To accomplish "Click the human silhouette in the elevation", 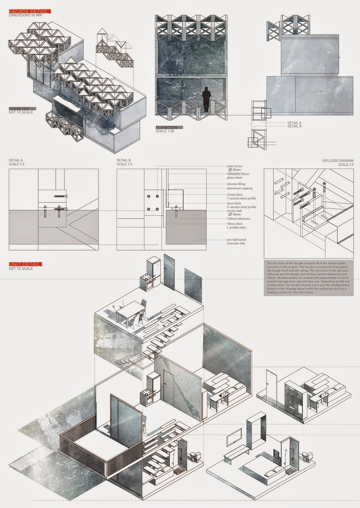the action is click(207, 99).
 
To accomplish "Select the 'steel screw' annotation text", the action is click(234, 166).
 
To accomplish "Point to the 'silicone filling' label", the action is click(236, 184).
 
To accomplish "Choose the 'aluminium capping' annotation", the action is click(239, 188).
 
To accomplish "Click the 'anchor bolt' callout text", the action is click(234, 211).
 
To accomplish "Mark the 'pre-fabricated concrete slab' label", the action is click(236, 242).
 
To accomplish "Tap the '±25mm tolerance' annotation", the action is click(238, 219).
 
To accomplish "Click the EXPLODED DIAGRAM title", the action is click(337, 161).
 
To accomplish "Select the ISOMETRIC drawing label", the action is click(20, 109).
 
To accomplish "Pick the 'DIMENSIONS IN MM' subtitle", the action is click(25, 15).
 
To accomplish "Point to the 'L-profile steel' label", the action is click(236, 227).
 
